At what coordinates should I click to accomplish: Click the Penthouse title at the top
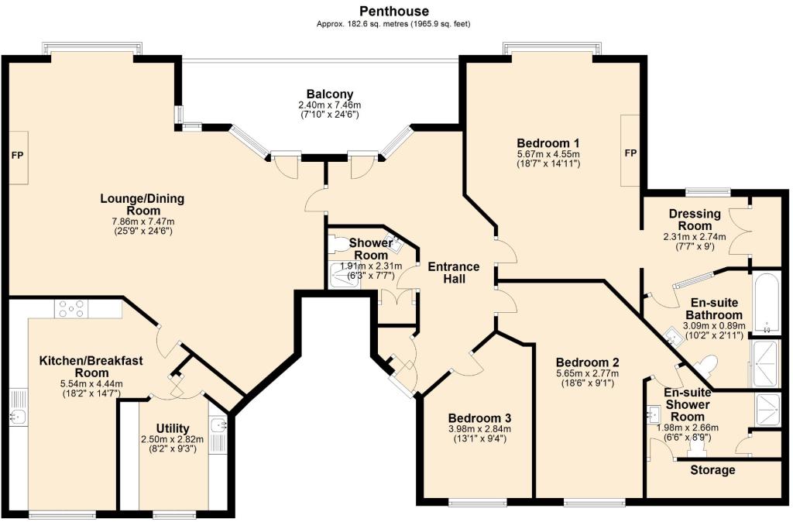394,11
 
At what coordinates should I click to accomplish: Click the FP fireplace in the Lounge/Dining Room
17,156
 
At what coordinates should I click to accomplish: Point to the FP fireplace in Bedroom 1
630,153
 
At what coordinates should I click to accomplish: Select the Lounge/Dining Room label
142,204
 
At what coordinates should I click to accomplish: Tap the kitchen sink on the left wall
18,417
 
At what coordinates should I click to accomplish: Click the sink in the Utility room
217,425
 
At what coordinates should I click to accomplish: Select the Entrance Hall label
454,273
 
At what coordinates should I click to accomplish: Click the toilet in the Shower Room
339,244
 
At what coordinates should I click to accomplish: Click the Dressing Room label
695,220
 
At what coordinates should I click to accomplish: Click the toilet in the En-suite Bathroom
706,364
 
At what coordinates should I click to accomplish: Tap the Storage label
712,470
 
